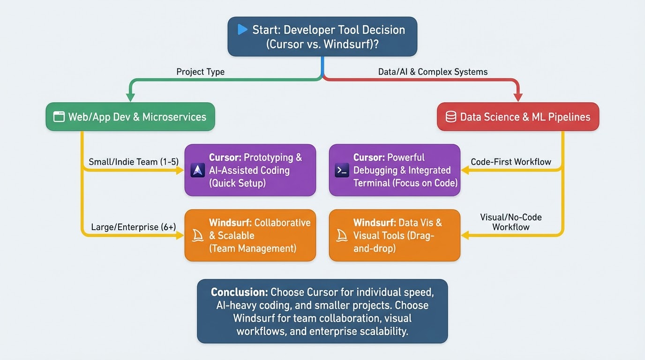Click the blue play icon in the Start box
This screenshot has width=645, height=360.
pos(242,30)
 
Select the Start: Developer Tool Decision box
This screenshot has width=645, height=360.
pos(322,37)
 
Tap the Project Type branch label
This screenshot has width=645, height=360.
pos(200,72)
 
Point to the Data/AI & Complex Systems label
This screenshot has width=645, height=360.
pos(433,72)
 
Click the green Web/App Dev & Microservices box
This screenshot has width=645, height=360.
pos(130,117)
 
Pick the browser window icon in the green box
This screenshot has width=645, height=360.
pos(59,117)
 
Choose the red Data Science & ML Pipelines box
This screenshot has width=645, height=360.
pos(518,117)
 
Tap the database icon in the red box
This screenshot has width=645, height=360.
pos(450,117)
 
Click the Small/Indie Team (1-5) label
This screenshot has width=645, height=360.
pos(134,162)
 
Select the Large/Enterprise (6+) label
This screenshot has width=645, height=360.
pos(134,227)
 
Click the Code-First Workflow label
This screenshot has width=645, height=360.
pos(511,162)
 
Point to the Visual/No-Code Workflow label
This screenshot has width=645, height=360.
pos(511,222)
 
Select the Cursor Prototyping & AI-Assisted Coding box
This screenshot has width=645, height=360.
pos(250,170)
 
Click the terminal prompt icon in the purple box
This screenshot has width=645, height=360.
pos(342,171)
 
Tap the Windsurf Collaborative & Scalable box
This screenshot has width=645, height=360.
pos(250,235)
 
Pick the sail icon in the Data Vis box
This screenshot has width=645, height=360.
pos(342,235)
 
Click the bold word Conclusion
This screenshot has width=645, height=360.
pos(239,292)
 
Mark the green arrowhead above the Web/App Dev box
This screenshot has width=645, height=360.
pos(130,97)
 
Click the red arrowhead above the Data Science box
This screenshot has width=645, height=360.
pos(518,97)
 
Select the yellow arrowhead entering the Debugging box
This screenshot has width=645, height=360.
pos(465,171)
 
